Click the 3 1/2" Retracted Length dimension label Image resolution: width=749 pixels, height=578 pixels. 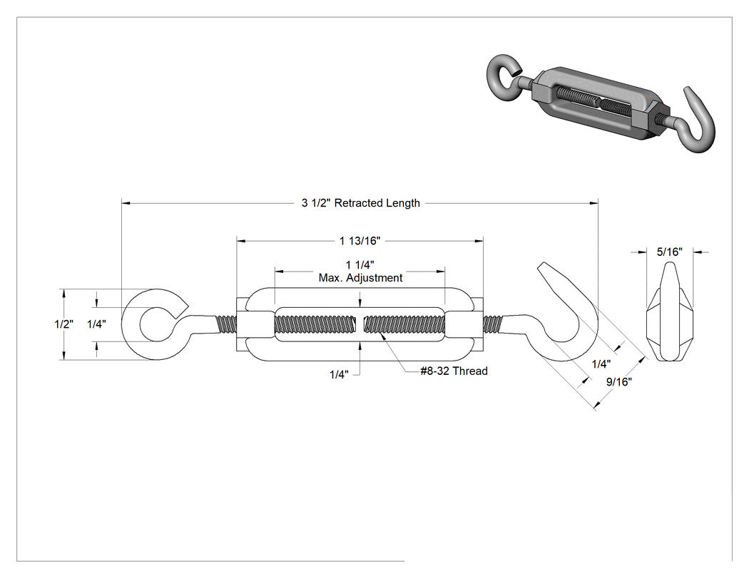[361, 203]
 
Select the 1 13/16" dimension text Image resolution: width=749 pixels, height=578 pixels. [360, 241]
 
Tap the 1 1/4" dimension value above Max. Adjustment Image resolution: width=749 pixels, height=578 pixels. [360, 265]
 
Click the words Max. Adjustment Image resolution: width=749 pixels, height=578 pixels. [361, 278]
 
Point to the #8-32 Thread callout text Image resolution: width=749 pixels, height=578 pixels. [454, 371]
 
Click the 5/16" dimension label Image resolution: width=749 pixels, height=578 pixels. [669, 252]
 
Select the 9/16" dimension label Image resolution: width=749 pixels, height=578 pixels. [619, 382]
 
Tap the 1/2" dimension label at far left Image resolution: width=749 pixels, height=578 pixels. [63, 324]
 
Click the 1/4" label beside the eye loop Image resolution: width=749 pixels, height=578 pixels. [96, 324]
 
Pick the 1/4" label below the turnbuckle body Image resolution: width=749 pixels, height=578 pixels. [339, 375]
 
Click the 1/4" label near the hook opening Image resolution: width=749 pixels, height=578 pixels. [601, 364]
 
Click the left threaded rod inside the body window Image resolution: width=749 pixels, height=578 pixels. [315, 324]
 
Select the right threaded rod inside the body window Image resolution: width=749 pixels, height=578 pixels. [404, 324]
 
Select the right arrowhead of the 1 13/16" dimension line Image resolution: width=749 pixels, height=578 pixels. [479, 241]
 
